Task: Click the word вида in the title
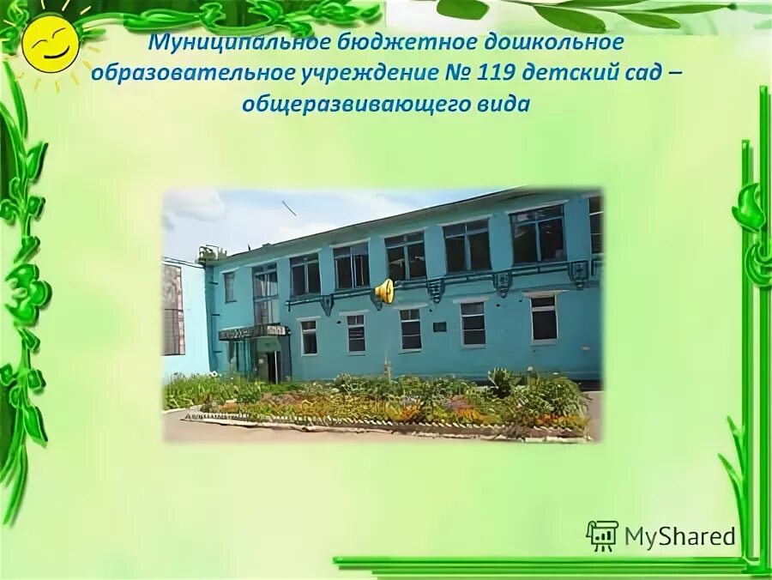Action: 498,105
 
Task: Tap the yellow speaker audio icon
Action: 383,291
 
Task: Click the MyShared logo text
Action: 679,536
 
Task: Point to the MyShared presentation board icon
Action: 602,535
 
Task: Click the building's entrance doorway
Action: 271,365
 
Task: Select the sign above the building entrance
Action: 252,330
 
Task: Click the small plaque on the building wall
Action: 439,326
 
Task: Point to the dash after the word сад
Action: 675,74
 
